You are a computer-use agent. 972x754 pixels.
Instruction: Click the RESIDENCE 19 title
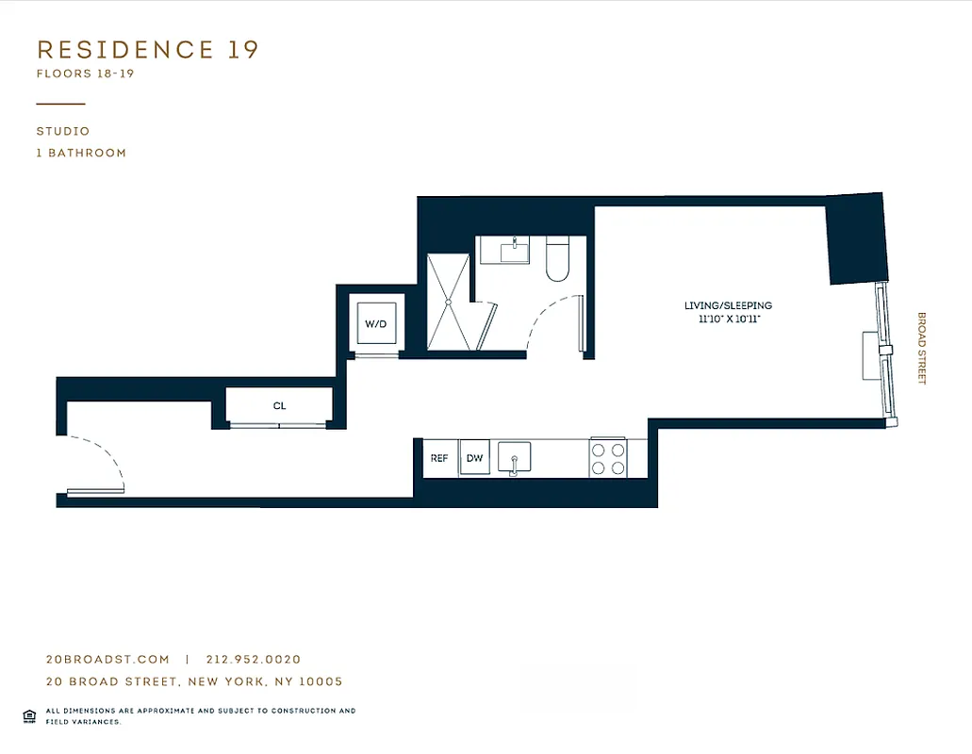(147, 50)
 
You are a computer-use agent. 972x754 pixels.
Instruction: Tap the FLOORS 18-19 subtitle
(85, 73)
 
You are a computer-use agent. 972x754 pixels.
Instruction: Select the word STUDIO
(63, 132)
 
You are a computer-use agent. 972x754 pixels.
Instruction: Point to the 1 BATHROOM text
(81, 153)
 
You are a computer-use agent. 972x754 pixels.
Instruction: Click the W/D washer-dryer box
(375, 324)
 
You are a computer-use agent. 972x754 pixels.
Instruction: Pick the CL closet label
(279, 406)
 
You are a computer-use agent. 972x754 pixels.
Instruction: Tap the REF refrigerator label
(439, 459)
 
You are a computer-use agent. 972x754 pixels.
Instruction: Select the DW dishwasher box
(474, 459)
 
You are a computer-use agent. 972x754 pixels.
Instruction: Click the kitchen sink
(514, 458)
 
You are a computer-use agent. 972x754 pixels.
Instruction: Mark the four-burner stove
(608, 458)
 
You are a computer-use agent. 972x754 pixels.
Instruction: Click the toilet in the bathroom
(558, 260)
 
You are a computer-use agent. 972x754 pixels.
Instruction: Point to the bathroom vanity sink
(515, 251)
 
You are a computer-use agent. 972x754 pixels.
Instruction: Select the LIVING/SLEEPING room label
(728, 305)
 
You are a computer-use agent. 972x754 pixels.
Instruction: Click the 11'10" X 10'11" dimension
(728, 320)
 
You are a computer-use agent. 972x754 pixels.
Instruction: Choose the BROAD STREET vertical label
(922, 349)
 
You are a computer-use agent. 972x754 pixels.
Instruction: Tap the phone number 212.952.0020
(253, 660)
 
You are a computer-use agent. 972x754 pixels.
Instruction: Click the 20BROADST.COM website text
(107, 660)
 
